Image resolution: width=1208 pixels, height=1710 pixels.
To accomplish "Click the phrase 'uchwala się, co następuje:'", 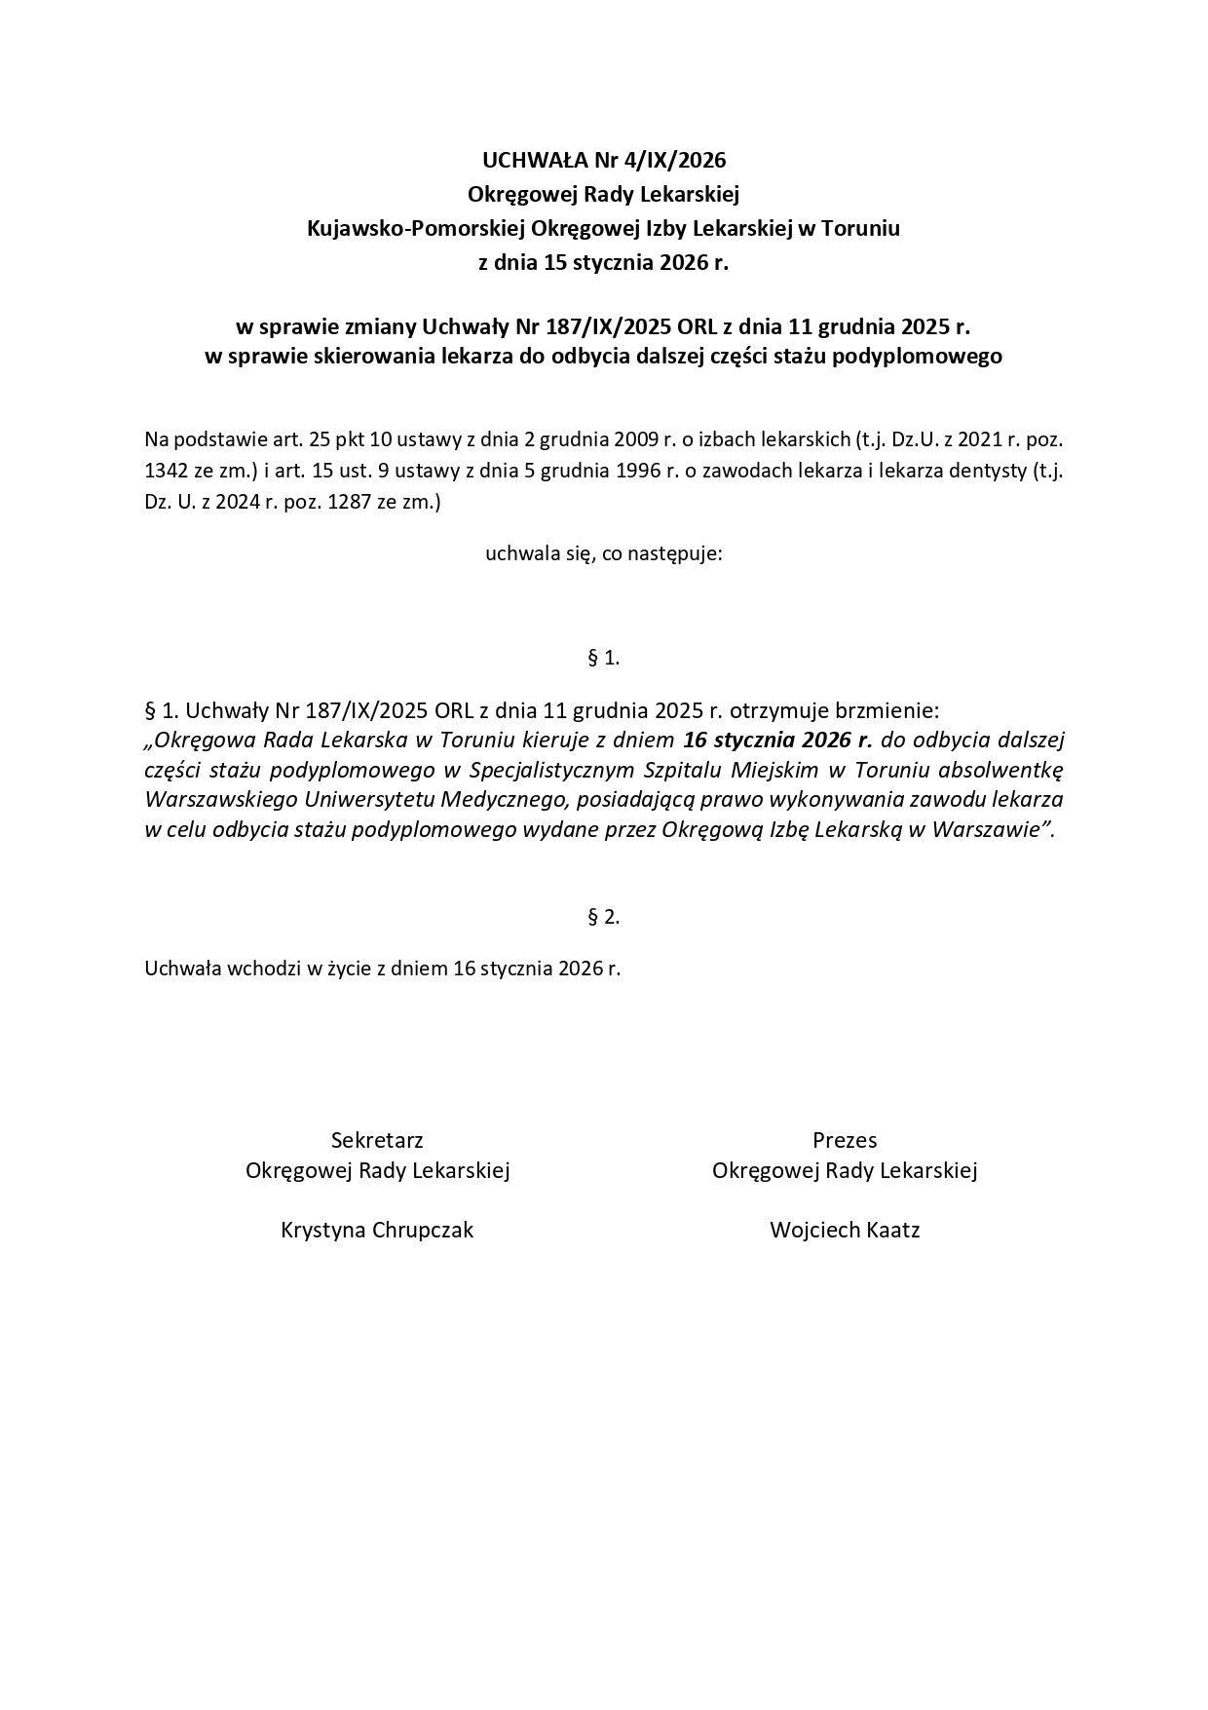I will [604, 554].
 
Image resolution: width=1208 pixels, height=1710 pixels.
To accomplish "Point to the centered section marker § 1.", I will [604, 658].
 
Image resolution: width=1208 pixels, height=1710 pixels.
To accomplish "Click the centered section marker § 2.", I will [604, 917].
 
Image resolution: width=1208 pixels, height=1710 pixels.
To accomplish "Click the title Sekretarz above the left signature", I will [377, 1140].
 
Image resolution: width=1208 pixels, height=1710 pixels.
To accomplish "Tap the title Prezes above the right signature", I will [845, 1140].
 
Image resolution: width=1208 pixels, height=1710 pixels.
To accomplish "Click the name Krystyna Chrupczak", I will [377, 1230].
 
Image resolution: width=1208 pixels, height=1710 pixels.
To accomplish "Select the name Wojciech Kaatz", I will [845, 1230].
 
